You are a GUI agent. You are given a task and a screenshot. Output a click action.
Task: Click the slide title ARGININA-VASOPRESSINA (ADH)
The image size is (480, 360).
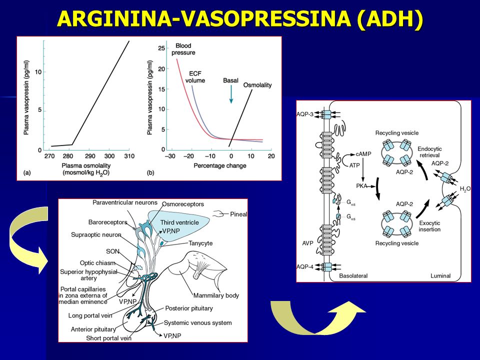tap(240, 19)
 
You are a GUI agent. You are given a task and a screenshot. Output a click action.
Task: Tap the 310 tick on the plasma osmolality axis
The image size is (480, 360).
tap(129, 156)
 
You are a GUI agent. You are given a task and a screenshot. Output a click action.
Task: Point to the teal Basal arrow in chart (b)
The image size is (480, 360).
tap(231, 94)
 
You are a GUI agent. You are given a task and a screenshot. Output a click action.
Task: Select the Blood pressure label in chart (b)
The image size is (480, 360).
tap(183, 49)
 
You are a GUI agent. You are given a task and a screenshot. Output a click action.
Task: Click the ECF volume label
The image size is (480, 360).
tap(195, 77)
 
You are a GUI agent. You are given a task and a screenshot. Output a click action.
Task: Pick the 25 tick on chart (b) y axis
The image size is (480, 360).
tap(161, 48)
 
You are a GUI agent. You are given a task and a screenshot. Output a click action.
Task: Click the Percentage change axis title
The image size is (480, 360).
tap(220, 165)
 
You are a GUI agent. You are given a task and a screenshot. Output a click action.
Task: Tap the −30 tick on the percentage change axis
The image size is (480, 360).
tap(170, 156)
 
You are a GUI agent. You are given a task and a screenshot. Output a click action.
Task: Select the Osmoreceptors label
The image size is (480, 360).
tap(183, 204)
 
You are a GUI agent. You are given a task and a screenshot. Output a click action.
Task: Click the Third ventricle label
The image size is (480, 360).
tap(179, 222)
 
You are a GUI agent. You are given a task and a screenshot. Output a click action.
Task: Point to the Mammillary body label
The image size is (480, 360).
tap(216, 295)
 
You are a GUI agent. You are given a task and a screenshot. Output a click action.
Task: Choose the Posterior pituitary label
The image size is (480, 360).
tap(189, 308)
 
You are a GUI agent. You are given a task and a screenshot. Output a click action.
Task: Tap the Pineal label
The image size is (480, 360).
tap(238, 214)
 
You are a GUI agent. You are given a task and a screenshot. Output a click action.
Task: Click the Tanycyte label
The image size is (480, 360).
tap(200, 243)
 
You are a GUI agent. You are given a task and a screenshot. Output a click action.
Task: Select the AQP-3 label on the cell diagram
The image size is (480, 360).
tap(305, 114)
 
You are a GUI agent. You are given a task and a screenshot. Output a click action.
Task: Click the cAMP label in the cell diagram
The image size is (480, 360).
tap(363, 154)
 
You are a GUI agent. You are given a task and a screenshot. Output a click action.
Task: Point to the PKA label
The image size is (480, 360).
tap(361, 186)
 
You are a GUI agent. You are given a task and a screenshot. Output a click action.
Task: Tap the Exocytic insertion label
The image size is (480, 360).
tap(429, 226)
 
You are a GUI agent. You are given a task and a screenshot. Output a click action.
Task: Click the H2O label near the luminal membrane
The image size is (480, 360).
tap(465, 189)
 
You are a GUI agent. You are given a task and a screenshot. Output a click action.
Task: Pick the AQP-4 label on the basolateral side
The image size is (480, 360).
tap(305, 266)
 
